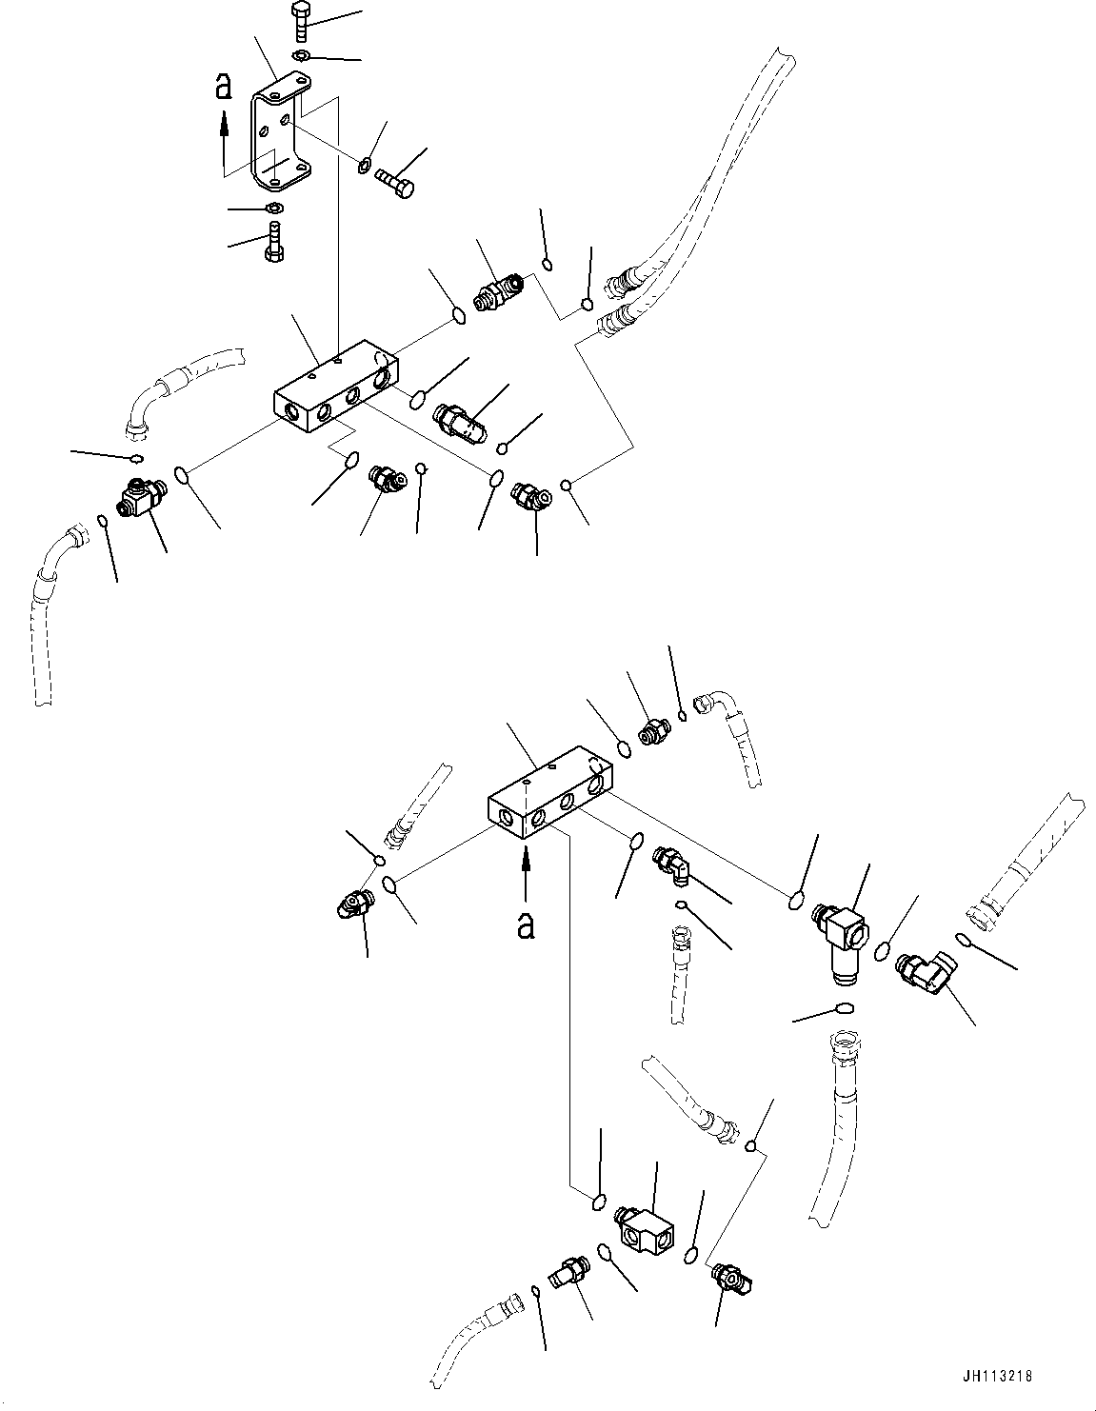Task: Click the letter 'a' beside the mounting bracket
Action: [224, 87]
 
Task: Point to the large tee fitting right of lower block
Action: [839, 937]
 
